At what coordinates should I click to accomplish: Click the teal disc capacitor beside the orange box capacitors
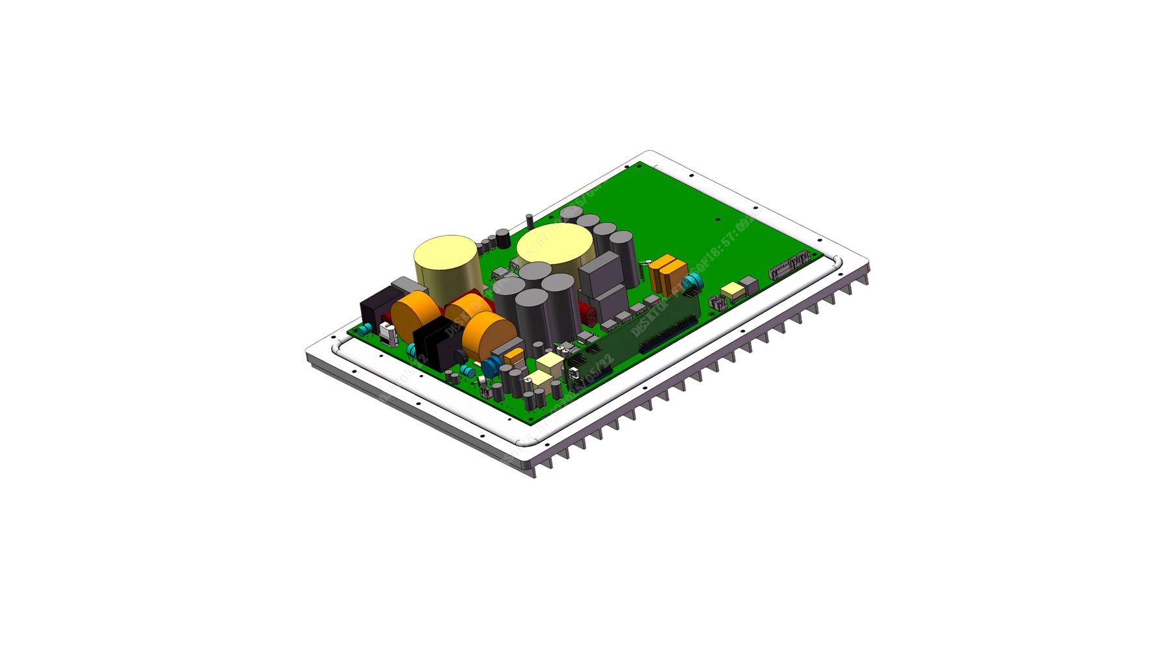click(695, 281)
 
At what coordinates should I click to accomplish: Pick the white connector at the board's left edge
click(388, 332)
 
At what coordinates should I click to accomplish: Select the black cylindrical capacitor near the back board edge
click(503, 238)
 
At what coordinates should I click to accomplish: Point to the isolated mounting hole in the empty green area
click(716, 220)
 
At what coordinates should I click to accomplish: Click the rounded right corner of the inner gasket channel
click(837, 263)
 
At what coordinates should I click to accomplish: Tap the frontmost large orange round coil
click(489, 335)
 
